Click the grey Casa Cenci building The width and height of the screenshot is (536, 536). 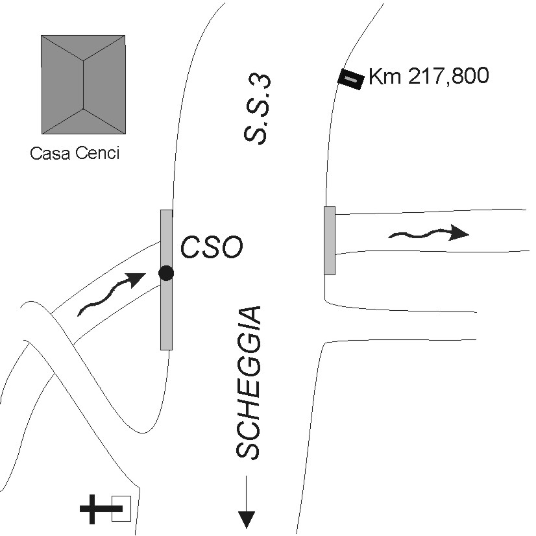click(82, 84)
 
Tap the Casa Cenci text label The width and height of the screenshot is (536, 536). click(75, 154)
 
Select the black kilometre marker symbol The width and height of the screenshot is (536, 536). click(350, 80)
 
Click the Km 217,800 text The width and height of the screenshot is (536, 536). click(428, 77)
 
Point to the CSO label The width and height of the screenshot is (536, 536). click(212, 248)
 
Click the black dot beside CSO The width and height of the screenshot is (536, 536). click(166, 273)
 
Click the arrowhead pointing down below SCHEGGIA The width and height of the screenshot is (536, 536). click(247, 518)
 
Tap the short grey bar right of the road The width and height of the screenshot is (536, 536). click(330, 240)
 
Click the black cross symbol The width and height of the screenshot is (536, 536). click(97, 509)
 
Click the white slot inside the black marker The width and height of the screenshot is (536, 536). click(350, 80)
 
